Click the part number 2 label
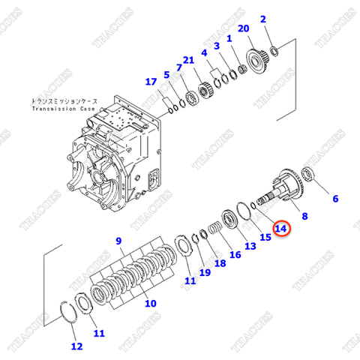click(262, 19)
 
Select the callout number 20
click(243, 28)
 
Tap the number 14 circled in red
click(280, 227)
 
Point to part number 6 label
click(335, 199)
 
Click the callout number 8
click(304, 216)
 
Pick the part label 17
click(151, 82)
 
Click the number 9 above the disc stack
click(118, 241)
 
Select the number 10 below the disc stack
click(150, 304)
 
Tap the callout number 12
click(76, 346)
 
